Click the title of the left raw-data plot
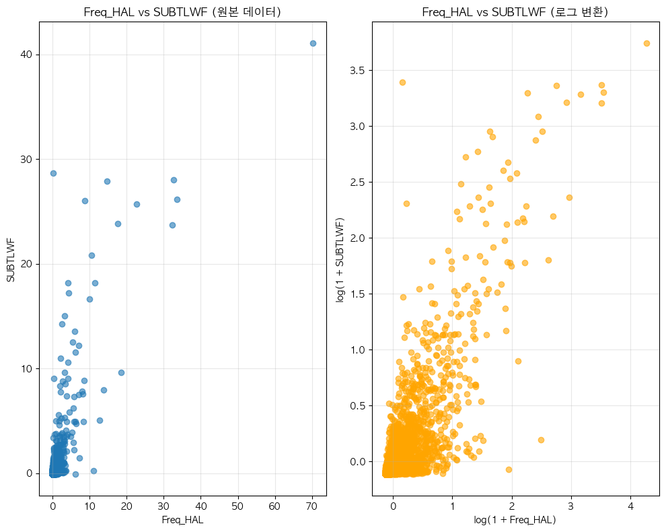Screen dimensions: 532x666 pos(182,12)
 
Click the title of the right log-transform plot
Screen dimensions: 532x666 pos(515,12)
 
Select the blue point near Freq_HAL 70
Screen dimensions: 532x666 pos(313,43)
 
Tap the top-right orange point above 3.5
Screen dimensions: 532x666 pos(646,43)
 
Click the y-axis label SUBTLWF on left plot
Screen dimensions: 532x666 pos(10,259)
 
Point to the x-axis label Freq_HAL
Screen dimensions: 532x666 pos(182,520)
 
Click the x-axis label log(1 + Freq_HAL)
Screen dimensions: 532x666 pos(515,520)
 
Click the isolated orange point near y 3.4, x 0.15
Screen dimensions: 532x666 pos(402,82)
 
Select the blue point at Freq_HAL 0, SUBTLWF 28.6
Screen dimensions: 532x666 pos(53,173)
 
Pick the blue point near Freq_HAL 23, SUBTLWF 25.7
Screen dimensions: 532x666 pos(137,204)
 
